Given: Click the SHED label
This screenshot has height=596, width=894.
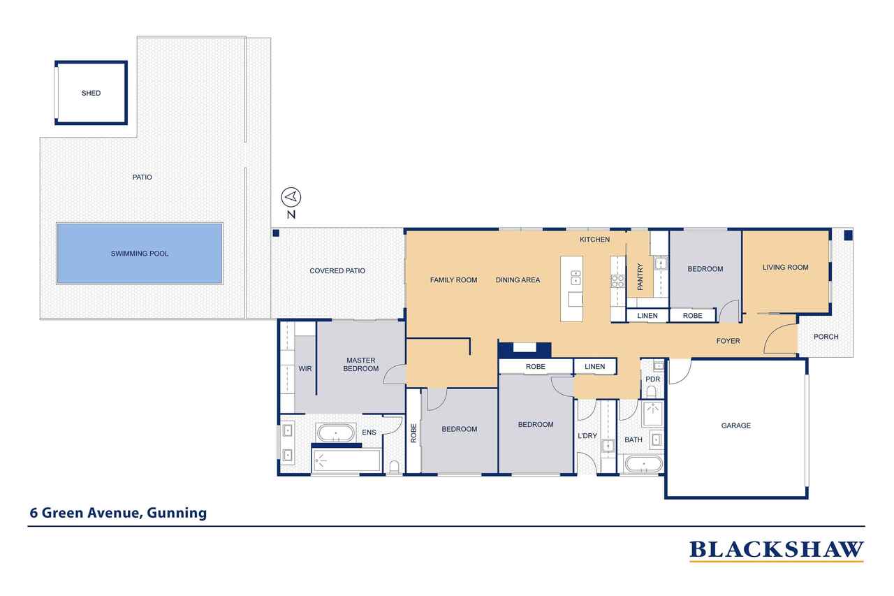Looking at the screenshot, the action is coord(91,93).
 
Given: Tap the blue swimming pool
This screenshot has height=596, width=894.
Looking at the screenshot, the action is coord(139,254).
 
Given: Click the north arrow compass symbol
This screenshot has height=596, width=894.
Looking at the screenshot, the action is coord(291,197).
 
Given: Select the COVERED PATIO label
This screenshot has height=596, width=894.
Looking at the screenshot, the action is coord(337,270).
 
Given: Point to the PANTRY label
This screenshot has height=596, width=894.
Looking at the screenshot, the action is coord(640,277).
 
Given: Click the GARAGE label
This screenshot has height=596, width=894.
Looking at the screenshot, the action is coord(736,426).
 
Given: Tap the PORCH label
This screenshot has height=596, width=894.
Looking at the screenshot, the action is coord(826,337).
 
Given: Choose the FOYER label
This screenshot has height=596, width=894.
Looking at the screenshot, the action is coord(728,341).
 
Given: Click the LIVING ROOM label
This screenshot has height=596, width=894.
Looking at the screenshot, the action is coord(786,268).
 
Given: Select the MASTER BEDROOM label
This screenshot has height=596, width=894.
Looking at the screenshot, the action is coord(361,365).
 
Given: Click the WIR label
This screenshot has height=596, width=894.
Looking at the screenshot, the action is coord(305,369).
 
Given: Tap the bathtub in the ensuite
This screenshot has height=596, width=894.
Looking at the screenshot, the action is coord(336,433).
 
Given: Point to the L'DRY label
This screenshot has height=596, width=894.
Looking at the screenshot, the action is coord(587,436).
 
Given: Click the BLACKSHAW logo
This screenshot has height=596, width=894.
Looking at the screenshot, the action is coord(777,550).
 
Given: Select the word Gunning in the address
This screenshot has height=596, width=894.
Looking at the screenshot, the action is coord(177,514).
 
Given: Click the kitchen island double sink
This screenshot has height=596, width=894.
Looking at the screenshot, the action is coord(576,277).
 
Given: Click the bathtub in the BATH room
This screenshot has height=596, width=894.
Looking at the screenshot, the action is coord(643,464).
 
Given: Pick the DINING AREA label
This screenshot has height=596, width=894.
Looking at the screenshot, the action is coord(518,280).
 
